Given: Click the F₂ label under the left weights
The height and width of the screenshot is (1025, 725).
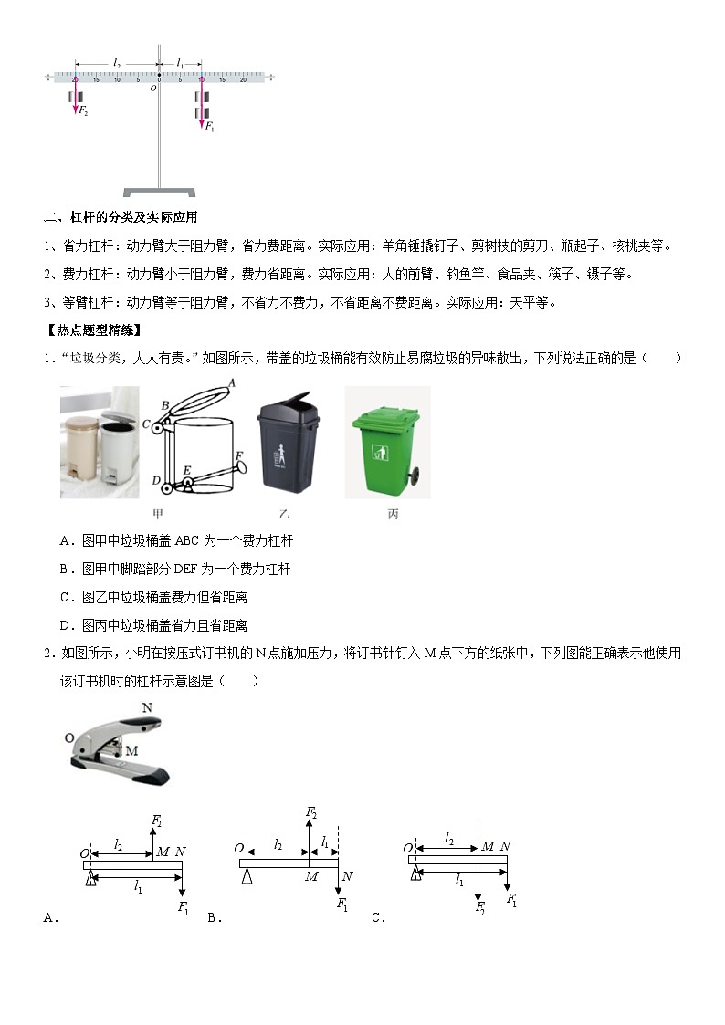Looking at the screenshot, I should pyautogui.click(x=83, y=110).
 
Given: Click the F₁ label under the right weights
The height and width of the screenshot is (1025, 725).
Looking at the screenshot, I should pyautogui.click(x=209, y=127).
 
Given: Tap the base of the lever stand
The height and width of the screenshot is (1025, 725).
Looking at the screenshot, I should pyautogui.click(x=159, y=192).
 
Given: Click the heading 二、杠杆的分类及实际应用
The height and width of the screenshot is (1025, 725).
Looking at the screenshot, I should pyautogui.click(x=121, y=217).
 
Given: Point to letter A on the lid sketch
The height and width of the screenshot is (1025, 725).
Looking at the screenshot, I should pyautogui.click(x=231, y=382).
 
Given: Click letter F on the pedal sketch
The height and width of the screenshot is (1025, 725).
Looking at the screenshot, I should pyautogui.click(x=239, y=455).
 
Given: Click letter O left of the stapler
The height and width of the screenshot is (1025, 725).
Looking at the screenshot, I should pyautogui.click(x=69, y=737).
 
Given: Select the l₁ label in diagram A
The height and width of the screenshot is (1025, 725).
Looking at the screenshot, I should pyautogui.click(x=139, y=888).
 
